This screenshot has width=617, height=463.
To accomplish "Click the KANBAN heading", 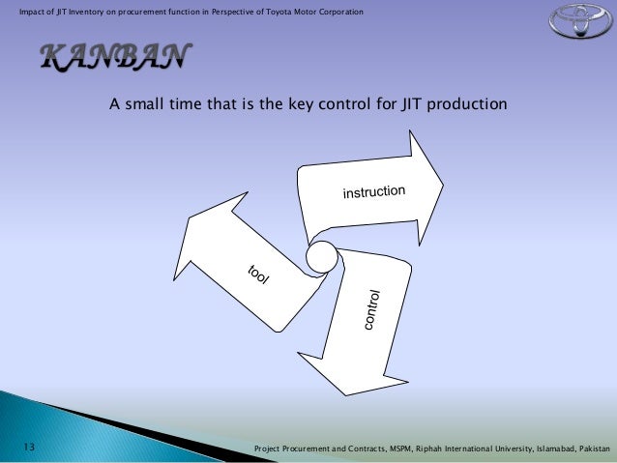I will (x=107, y=58).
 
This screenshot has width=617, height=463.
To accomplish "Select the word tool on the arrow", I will (x=256, y=275).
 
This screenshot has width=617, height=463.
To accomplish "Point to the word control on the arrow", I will (x=373, y=310).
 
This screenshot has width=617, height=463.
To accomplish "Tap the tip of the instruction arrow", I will (x=442, y=181).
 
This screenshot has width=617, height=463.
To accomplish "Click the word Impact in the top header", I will (x=18, y=11).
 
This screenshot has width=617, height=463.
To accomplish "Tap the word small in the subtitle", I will (x=144, y=103).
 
